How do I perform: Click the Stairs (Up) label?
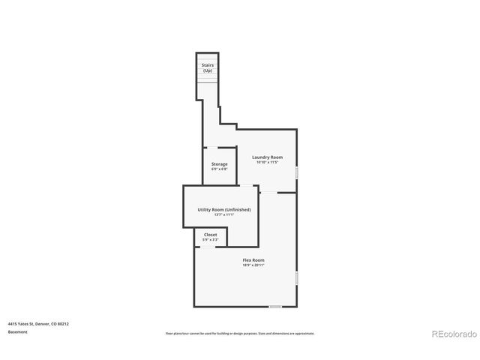[x=208, y=68]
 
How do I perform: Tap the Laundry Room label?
[x=266, y=157]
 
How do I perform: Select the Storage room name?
[x=219, y=164]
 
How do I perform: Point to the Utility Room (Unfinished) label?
[x=223, y=209]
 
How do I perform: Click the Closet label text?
[x=211, y=235]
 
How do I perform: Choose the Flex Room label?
[x=253, y=260]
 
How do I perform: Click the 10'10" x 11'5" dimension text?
[x=266, y=162]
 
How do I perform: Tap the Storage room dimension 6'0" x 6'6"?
[x=219, y=169]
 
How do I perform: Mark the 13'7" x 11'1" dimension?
[x=223, y=215]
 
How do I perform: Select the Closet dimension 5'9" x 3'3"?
[x=211, y=240]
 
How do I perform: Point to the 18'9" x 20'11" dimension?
[x=253, y=265]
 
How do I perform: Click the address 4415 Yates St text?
[x=39, y=323]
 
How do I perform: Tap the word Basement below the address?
[x=18, y=331]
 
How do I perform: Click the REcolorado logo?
[x=453, y=333]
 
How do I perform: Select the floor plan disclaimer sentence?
[x=240, y=333]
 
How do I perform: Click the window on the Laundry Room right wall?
[x=298, y=172]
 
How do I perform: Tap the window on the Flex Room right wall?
[x=298, y=278]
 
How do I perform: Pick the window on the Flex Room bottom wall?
[x=275, y=306]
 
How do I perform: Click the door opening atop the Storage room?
[x=212, y=146]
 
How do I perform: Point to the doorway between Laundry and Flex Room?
[x=268, y=193]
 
